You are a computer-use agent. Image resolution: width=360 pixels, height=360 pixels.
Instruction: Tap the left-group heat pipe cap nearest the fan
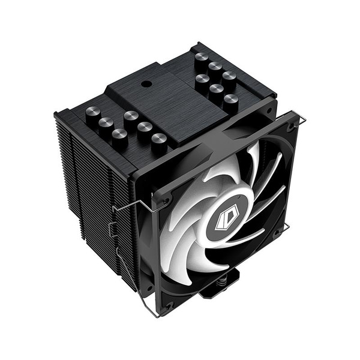158,140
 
